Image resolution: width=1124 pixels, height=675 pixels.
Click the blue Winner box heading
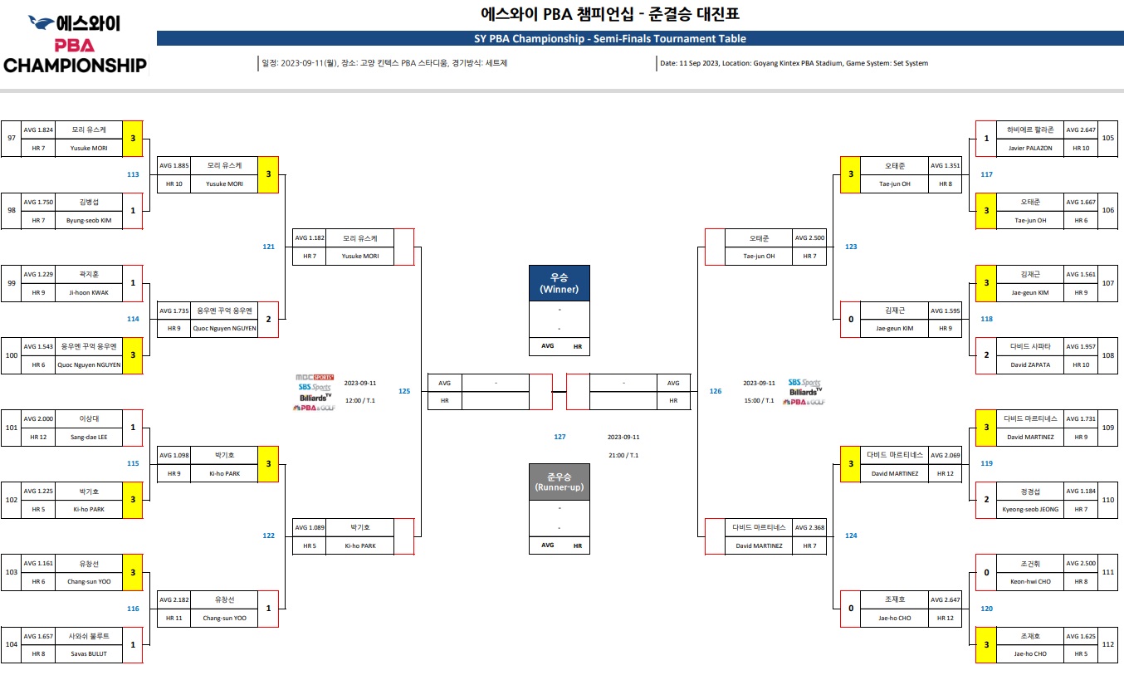pos(559,283)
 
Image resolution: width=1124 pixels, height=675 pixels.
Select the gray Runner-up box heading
pos(559,482)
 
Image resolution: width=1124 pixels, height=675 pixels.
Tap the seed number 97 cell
pos(12,139)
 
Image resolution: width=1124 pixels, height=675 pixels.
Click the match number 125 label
pos(404,391)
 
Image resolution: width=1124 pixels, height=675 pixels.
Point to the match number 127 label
pos(560,437)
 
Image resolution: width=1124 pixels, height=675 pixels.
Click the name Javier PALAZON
pos(1029,148)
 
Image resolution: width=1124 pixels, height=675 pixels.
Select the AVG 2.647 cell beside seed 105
pos(1081,130)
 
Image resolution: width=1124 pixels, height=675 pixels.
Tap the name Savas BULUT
pos(88,653)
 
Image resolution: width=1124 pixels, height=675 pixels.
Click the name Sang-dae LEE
pos(88,437)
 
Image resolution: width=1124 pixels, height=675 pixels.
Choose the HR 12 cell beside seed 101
pos(38,437)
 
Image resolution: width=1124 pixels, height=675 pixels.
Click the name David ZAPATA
pos(1029,364)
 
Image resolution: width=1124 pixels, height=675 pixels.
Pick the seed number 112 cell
pos(1108,644)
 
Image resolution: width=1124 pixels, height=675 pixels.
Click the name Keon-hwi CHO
pos(1029,581)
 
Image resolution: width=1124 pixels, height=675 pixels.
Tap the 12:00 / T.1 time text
pos(360,400)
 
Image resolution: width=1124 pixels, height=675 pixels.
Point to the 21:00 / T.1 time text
pos(623,455)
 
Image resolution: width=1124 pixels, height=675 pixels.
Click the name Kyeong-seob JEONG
pos(1029,509)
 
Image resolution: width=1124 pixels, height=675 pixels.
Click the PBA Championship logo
pos(75,45)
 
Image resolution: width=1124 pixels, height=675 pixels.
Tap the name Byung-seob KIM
pos(88,220)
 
